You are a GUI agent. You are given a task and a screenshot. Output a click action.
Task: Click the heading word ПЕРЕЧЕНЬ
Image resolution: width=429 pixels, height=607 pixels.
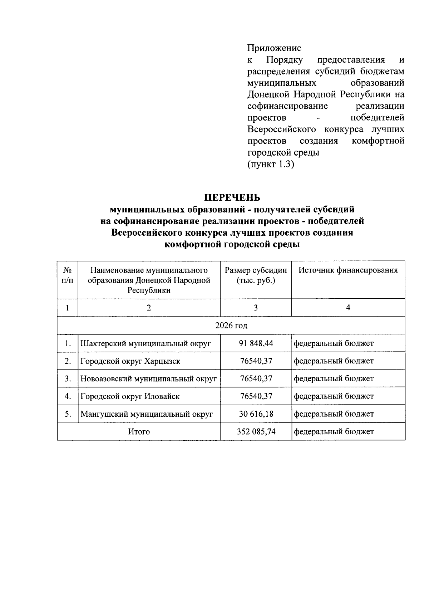[x=232, y=197]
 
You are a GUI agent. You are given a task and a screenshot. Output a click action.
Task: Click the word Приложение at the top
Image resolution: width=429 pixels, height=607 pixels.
[x=274, y=48]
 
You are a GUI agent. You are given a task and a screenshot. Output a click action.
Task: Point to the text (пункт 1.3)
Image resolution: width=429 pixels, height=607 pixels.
[x=271, y=164]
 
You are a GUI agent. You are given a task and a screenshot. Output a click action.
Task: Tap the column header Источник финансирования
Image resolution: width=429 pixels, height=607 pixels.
[x=348, y=270]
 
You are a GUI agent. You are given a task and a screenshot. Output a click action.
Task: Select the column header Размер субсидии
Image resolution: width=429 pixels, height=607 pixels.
[x=256, y=270]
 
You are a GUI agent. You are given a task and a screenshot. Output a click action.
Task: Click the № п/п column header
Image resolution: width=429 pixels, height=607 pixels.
[x=67, y=275]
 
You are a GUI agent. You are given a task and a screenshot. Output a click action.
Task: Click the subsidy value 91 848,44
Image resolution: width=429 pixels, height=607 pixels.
[x=256, y=343]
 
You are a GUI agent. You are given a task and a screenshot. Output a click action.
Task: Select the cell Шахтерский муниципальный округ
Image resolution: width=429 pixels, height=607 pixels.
[x=146, y=344]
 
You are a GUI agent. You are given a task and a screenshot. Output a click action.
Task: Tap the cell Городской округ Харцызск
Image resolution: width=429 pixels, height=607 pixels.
[x=130, y=361]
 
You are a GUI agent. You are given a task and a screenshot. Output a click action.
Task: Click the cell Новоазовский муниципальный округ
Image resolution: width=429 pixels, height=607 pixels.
[x=148, y=378]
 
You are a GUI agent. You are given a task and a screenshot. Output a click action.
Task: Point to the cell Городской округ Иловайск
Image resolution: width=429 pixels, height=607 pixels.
[x=130, y=396]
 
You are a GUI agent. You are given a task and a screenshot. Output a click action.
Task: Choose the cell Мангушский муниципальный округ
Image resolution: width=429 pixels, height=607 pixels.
[x=147, y=414]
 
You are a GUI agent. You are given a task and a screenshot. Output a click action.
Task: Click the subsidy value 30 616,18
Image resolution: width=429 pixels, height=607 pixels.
[x=256, y=414]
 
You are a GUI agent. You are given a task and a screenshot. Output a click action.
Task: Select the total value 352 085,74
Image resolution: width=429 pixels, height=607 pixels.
[x=256, y=431]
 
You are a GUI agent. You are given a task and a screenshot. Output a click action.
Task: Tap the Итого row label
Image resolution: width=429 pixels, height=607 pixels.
[x=139, y=432]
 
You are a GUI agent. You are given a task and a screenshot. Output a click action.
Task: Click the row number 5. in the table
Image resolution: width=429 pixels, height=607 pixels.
[x=68, y=414]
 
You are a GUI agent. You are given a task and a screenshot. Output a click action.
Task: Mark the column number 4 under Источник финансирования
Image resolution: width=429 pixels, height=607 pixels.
[x=348, y=308]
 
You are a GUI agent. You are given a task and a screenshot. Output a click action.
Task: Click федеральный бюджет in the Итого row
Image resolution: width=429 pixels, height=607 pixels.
[x=334, y=432]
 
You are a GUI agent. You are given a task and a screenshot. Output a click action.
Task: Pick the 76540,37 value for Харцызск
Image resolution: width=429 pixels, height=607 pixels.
[x=256, y=361]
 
